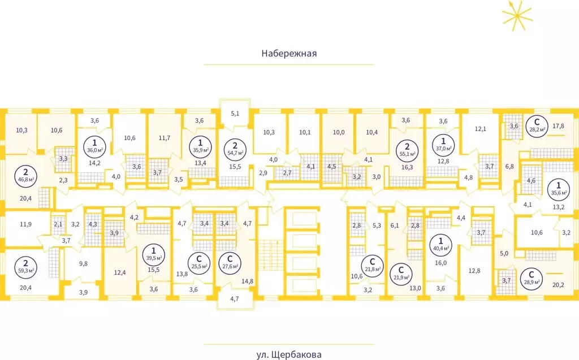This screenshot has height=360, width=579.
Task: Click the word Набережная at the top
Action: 289,53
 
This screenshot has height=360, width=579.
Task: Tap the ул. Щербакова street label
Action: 289,355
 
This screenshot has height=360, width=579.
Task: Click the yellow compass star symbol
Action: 517,15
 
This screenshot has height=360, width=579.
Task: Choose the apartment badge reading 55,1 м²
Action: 407,150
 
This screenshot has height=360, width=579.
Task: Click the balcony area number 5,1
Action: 235,114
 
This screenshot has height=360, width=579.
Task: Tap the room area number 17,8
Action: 558,126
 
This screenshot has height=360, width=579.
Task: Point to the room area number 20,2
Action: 558,285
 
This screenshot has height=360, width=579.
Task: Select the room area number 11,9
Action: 25,224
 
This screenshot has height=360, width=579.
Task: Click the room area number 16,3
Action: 407,167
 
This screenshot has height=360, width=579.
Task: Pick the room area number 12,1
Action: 481,129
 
